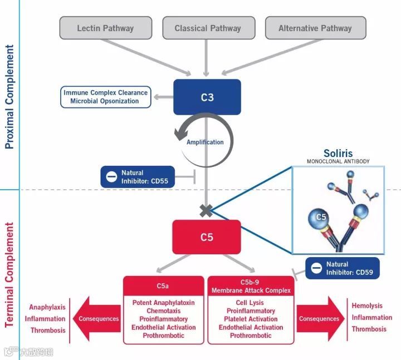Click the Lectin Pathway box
(106, 28)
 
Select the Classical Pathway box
(209, 28)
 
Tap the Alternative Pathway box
(316, 28)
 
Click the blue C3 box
(207, 97)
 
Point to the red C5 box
(207, 237)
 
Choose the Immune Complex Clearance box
(106, 97)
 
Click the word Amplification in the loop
(205, 142)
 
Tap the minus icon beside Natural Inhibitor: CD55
(111, 177)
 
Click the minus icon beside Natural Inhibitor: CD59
(316, 268)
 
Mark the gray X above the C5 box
(206, 211)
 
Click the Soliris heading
(338, 154)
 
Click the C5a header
(163, 286)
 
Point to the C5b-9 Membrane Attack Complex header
(251, 286)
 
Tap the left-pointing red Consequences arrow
(97, 319)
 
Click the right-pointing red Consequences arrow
(321, 319)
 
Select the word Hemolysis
(367, 305)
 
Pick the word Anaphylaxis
(47, 307)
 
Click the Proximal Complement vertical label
(9, 97)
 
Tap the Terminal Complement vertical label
(9, 275)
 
